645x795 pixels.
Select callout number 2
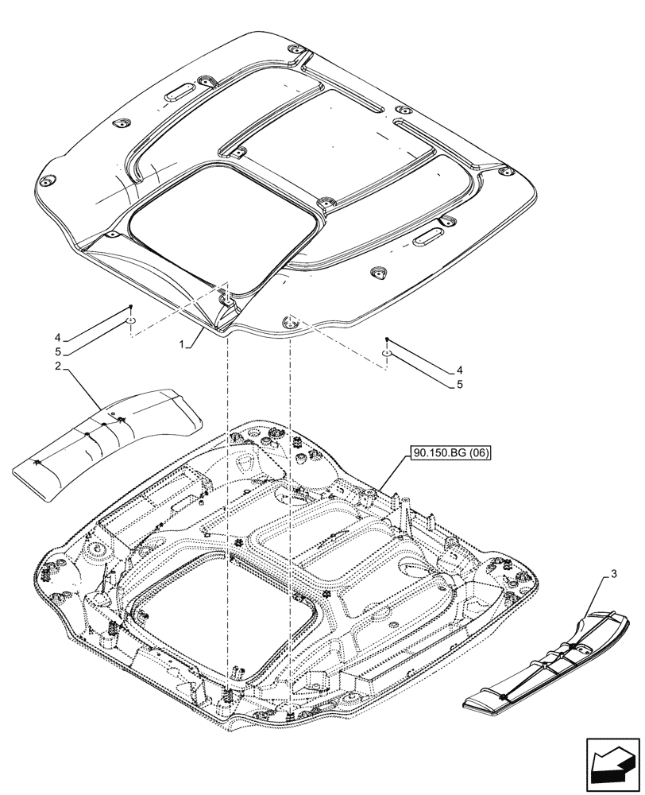click(59, 366)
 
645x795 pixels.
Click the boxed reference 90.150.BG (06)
click(450, 454)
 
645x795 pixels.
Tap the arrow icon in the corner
click(612, 762)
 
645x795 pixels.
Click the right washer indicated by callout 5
click(385, 354)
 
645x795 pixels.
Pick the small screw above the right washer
click(387, 339)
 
